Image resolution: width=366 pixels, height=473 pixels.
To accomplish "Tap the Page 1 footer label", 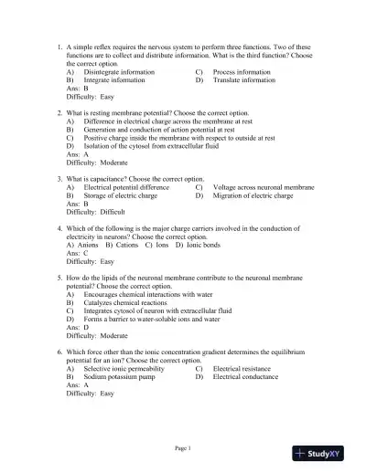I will click(x=183, y=447).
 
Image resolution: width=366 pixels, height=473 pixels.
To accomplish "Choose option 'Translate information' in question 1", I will click(x=243, y=79).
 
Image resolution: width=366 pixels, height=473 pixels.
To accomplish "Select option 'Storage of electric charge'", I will click(x=121, y=195).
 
